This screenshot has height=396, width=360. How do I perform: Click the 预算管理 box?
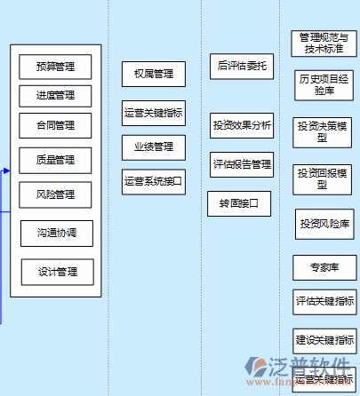55,67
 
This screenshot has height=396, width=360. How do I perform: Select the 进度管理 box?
55,95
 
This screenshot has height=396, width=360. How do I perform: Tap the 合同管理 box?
55,124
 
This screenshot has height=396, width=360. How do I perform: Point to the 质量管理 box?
55,160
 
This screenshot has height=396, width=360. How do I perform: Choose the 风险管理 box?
55,194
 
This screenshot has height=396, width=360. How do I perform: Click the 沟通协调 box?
56,233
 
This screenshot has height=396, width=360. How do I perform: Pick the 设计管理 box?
57,272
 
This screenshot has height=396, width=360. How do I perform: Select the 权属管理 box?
153,75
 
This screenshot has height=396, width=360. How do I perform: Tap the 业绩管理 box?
153,147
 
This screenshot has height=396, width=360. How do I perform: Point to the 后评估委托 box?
241,66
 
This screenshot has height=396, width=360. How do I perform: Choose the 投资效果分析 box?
242,125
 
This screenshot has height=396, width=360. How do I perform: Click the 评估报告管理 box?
242,164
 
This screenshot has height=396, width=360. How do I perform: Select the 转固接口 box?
238,203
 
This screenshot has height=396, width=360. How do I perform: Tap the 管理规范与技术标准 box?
323,44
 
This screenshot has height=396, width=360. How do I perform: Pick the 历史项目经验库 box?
323,84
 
